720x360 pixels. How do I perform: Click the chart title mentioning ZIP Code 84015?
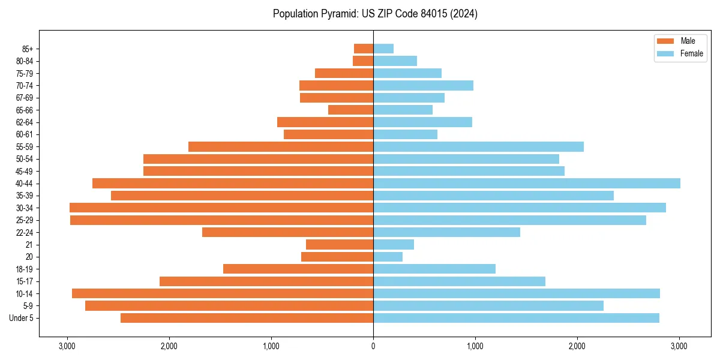[x=375, y=14]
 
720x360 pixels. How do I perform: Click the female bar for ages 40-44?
[x=527, y=184]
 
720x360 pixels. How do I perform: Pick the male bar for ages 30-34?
[x=221, y=208]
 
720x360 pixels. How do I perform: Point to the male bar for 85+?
[x=364, y=49]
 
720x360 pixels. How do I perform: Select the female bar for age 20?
[x=388, y=257]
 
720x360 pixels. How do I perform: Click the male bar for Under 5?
[x=247, y=318]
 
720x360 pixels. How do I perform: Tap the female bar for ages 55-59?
[x=478, y=147]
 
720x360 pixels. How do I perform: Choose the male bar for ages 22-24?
[x=287, y=232]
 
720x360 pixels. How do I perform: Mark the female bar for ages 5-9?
[x=488, y=306]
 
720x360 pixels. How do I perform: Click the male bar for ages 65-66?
[x=350, y=110]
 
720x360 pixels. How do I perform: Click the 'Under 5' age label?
[x=22, y=318]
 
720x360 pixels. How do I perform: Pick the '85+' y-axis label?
[x=28, y=49]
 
